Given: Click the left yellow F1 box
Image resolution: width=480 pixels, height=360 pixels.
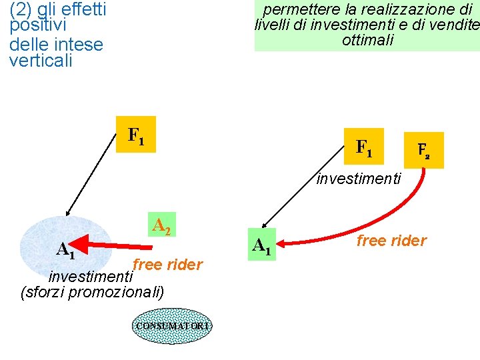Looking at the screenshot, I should [x=136, y=135].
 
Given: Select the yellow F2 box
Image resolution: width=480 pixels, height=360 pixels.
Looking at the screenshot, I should [x=423, y=150].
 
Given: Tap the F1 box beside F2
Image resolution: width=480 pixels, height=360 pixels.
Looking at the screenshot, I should [x=364, y=146].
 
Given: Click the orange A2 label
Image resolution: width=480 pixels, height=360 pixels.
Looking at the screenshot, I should [x=161, y=225].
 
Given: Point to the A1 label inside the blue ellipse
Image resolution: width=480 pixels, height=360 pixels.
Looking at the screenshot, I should [x=65, y=250].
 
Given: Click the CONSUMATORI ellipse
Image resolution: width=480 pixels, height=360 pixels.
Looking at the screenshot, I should [x=172, y=325].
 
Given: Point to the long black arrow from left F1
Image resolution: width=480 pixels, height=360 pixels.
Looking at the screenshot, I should [x=90, y=175].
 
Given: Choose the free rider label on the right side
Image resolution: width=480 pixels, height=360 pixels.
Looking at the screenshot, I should [x=391, y=241].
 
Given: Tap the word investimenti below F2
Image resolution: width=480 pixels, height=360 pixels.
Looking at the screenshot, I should [x=358, y=179].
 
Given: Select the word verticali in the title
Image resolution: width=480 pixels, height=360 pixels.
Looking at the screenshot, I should [x=41, y=61].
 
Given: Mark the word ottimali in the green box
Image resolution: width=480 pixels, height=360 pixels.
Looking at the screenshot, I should [x=367, y=40].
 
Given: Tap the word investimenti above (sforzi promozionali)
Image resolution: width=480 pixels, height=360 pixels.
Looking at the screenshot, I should [x=91, y=275].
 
